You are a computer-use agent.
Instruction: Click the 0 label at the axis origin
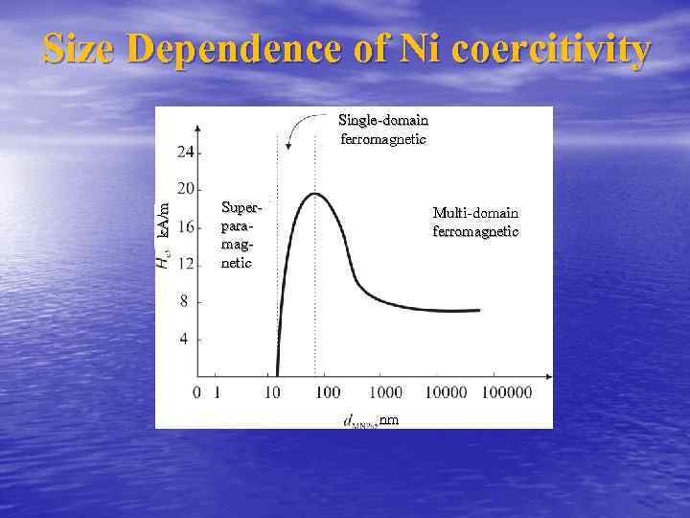pyautogui.click(x=196, y=392)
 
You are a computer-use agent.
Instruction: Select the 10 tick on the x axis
pyautogui.click(x=273, y=392)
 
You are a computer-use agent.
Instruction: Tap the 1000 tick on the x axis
pyautogui.click(x=385, y=392)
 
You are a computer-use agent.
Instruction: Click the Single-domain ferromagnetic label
pyautogui.click(x=383, y=129)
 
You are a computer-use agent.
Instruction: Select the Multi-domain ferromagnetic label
pyautogui.click(x=475, y=222)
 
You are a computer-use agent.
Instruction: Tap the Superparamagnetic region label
pyautogui.click(x=239, y=234)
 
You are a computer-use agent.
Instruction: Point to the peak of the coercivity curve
pyautogui.click(x=314, y=194)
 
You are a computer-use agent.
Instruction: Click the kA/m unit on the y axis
pyautogui.click(x=164, y=217)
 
